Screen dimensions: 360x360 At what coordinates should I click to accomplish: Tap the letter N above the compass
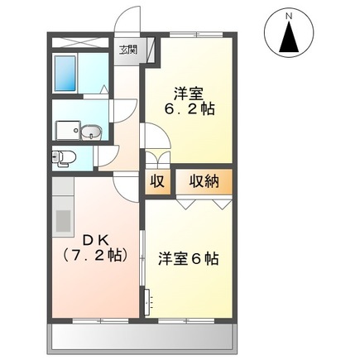[289, 16]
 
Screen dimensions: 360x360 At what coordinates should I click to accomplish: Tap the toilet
[65, 156]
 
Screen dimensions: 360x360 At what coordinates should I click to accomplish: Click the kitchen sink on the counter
[63, 220]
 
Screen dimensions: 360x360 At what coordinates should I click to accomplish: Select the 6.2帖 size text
[189, 108]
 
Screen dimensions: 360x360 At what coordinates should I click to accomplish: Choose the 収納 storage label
[203, 181]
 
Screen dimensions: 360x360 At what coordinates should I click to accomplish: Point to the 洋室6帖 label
[188, 257]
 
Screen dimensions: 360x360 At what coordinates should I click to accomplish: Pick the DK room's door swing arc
[124, 188]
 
